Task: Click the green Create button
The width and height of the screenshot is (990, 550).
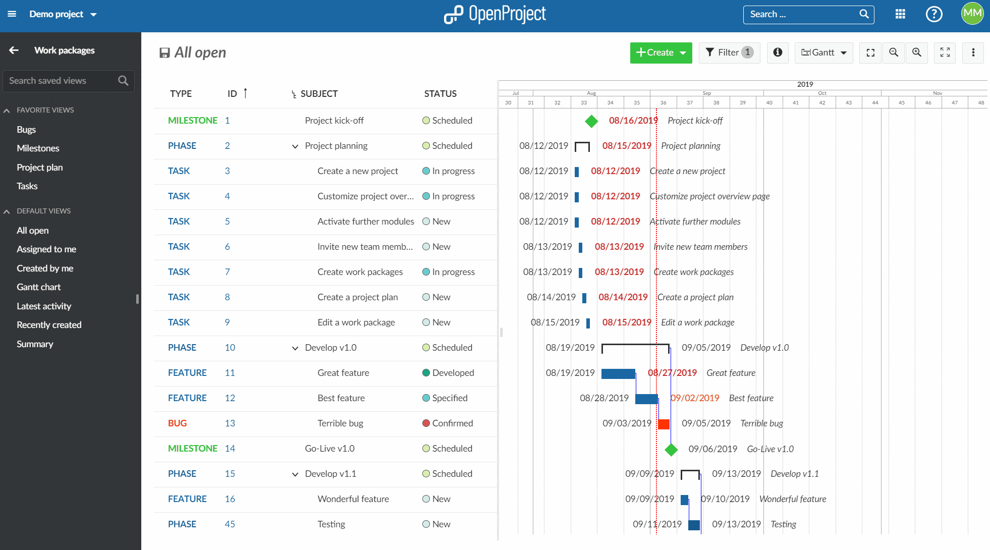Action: tap(661, 52)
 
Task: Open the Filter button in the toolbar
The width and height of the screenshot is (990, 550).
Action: tap(729, 52)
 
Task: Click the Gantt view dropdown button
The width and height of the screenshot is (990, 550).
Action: tap(823, 52)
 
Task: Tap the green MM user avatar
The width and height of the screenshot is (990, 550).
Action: tap(972, 14)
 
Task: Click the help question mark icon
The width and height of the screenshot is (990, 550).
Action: tap(934, 14)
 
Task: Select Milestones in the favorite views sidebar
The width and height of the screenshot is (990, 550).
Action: tap(38, 148)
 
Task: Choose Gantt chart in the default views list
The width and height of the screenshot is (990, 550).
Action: tap(38, 287)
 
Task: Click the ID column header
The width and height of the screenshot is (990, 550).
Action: tap(232, 94)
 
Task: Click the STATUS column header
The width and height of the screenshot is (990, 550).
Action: tap(440, 94)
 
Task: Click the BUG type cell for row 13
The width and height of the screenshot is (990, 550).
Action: tap(177, 423)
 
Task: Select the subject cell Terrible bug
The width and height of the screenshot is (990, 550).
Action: tap(340, 423)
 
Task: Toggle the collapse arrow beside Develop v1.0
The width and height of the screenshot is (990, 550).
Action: tap(295, 348)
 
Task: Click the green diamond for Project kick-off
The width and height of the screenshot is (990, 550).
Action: tap(591, 121)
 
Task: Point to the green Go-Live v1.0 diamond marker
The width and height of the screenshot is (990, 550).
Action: tap(671, 450)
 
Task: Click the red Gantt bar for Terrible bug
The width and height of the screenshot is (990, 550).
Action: tap(664, 424)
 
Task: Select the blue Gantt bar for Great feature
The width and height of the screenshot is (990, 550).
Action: tap(618, 373)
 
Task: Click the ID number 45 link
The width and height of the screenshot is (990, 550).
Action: tap(230, 524)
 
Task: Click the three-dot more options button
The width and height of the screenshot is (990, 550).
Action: tap(973, 52)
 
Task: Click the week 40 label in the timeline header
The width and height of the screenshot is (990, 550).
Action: tap(769, 102)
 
